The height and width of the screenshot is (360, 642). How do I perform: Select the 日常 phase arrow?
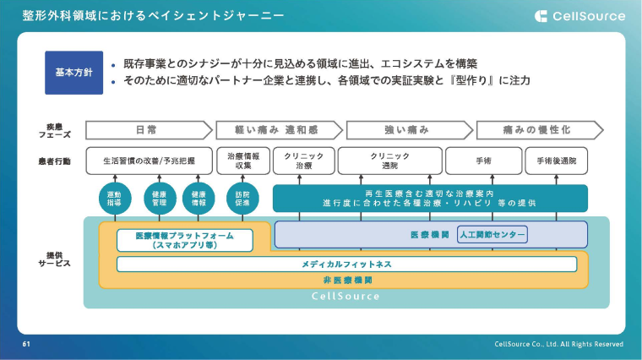click(x=148, y=130)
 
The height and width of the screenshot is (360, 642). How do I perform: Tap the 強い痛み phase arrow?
click(x=407, y=130)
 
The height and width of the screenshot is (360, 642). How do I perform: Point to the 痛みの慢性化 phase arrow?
click(x=538, y=130)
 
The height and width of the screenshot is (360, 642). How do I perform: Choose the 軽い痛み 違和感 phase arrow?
click(x=277, y=130)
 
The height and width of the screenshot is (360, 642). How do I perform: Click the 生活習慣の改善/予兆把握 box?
click(x=149, y=160)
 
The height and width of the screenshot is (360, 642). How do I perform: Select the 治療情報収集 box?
click(x=243, y=160)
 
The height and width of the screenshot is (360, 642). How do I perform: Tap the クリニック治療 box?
click(x=303, y=160)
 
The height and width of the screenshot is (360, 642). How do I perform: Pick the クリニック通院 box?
click(x=389, y=160)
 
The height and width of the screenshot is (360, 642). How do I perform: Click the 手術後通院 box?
click(x=556, y=160)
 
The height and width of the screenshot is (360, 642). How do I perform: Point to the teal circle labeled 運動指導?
click(x=115, y=199)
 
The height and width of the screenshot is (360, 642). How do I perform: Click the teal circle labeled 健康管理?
click(x=159, y=199)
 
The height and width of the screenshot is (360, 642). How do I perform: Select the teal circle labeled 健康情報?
click(x=199, y=199)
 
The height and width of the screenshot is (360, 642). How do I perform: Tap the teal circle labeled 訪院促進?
click(x=243, y=199)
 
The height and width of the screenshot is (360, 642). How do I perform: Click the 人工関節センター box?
click(x=492, y=234)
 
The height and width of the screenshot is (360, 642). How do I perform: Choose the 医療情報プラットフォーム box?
click(x=184, y=240)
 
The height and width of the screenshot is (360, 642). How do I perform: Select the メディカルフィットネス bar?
click(x=346, y=265)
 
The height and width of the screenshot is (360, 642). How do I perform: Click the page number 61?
click(x=26, y=345)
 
